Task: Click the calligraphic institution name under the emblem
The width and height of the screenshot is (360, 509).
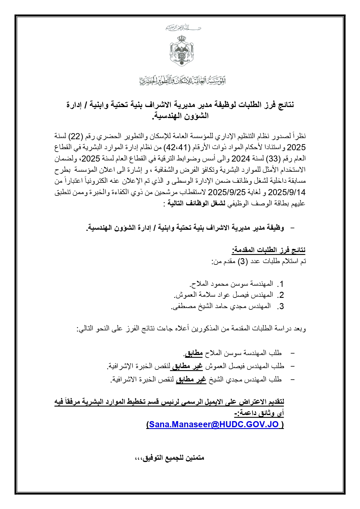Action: [x=182, y=80]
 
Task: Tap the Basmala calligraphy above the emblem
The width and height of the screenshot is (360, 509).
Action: [x=183, y=28]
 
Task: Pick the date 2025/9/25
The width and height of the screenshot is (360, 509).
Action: [x=227, y=192]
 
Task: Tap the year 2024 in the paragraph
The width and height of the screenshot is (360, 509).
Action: [x=240, y=158]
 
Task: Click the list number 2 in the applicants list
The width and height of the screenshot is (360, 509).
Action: [x=280, y=295]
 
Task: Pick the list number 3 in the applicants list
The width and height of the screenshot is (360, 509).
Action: [x=280, y=307]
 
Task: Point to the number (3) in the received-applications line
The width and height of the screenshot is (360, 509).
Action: [x=243, y=261]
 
